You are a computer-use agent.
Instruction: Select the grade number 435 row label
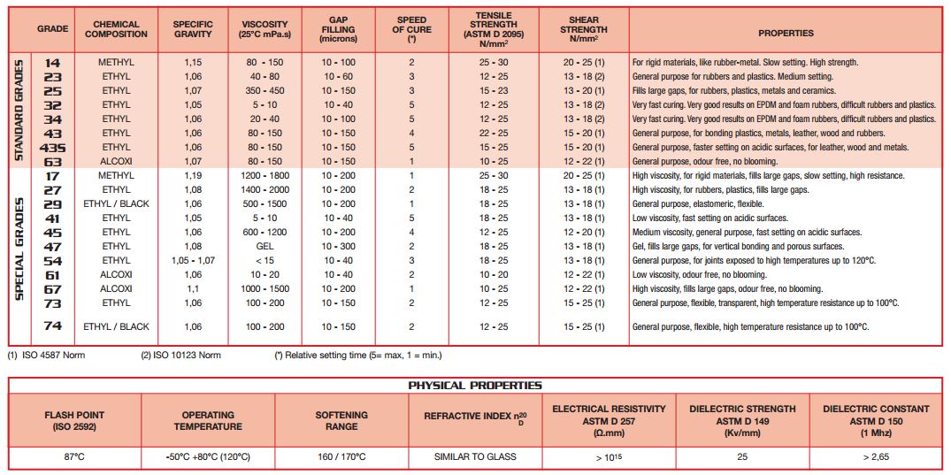[x=52, y=148]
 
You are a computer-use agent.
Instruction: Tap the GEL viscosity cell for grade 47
[x=265, y=247]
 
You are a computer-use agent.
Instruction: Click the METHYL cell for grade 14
[x=116, y=63]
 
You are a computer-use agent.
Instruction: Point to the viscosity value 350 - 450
[x=265, y=91]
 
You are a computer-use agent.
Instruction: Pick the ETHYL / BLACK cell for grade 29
[x=116, y=204]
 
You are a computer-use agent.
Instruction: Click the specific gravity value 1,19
[x=193, y=176]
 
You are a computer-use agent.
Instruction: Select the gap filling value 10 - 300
[x=339, y=247]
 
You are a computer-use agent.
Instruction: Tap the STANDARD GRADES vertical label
[x=19, y=111]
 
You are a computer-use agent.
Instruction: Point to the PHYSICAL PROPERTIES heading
[x=475, y=386]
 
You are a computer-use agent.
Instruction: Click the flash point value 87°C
[x=75, y=456]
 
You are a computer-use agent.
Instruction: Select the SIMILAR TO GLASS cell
[x=475, y=456]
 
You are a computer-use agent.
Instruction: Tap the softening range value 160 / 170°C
[x=341, y=456]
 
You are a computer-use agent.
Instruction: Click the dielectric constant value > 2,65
[x=876, y=456]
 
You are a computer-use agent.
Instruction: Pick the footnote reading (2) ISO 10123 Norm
[x=181, y=356]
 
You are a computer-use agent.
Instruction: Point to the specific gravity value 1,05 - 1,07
[x=193, y=261]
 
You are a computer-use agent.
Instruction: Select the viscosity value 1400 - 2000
[x=265, y=190]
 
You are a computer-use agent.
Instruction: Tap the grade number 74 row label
[x=52, y=326]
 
